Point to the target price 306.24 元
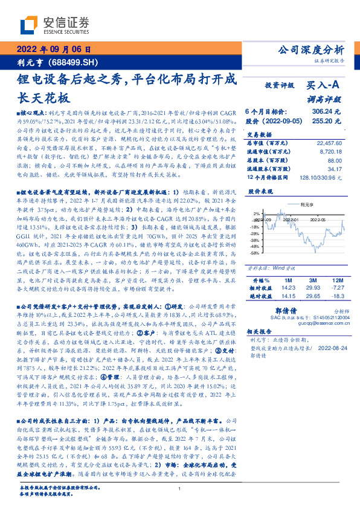click(327, 112)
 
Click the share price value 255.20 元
click(327, 121)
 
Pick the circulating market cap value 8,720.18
click(331, 152)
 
